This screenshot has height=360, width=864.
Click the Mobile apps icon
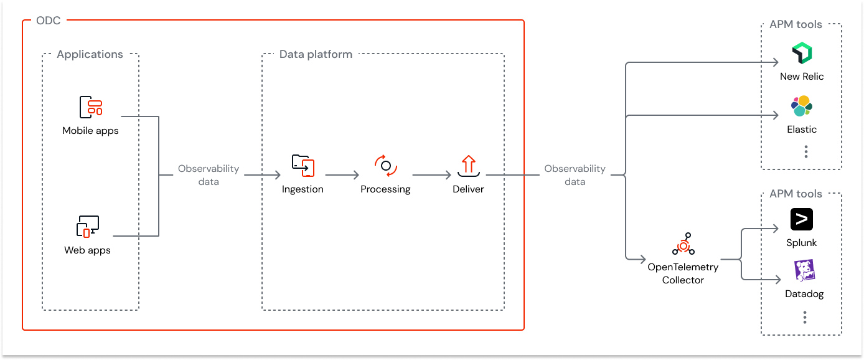[x=90, y=107]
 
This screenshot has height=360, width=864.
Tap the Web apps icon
[x=88, y=227]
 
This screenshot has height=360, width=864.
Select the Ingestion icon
[x=303, y=166]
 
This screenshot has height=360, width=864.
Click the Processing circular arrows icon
[x=385, y=166]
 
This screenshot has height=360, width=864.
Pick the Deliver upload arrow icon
[x=468, y=165]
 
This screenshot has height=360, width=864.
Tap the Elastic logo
[x=802, y=107]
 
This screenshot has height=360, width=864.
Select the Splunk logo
[x=802, y=220]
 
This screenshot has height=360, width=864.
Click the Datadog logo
[x=804, y=271]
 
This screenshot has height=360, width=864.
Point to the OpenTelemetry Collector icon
[x=683, y=244]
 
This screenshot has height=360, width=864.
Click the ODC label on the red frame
[x=49, y=21]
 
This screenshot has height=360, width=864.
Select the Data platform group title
[x=316, y=54]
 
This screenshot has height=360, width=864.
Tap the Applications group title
[x=90, y=54]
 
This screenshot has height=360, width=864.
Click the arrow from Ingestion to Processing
[x=342, y=176]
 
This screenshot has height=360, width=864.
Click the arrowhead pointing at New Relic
[x=776, y=62]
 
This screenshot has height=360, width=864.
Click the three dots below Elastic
[x=805, y=151]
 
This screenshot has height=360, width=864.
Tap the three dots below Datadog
[x=804, y=318]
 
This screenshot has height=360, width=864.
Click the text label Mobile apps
[x=90, y=131]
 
